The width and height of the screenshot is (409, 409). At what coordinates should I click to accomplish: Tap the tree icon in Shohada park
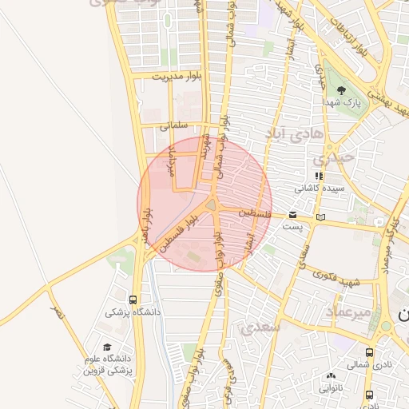pos(342,89)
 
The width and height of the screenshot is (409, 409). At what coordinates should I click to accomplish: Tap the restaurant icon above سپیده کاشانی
pos(319,176)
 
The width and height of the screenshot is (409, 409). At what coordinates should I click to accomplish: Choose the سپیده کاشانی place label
pos(319,189)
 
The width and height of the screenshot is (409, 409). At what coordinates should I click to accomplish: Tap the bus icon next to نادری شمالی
pos(369,352)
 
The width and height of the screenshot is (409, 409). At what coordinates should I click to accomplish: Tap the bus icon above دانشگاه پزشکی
pos(133,300)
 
